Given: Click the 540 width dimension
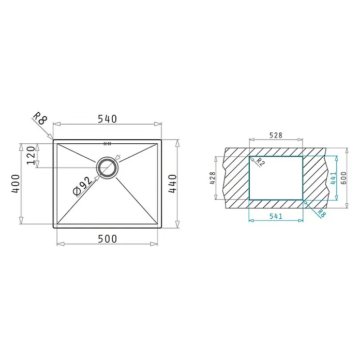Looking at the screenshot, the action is click(108, 119).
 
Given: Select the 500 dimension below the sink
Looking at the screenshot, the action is click(108, 239).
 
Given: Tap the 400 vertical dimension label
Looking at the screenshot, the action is click(16, 184).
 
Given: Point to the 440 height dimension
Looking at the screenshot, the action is click(173, 184).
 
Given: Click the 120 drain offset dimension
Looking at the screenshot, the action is click(31, 156).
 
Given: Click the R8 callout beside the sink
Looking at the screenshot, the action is click(40, 118).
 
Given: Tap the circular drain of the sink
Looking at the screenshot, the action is click(108, 168).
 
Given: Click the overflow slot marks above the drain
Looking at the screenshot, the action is click(108, 144).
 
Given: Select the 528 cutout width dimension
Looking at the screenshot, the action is click(276, 135).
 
